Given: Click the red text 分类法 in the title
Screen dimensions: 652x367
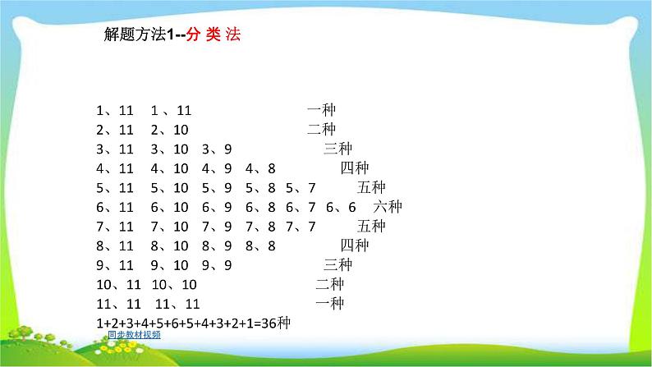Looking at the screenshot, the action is coord(214,34).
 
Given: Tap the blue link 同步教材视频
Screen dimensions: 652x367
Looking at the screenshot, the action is coord(135,335).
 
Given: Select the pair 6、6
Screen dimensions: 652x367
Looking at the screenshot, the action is coord(341,207).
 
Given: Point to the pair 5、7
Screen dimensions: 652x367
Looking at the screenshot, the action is coord(301,188).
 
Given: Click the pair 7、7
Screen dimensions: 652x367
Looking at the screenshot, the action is coord(301,227).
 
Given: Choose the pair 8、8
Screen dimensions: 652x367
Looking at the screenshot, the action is coord(260,245).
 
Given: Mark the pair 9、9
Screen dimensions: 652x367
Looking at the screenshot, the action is coord(217,265).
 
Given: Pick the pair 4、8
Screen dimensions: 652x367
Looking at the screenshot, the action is coord(260,168).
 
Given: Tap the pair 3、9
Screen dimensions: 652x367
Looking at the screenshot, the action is coord(217,149).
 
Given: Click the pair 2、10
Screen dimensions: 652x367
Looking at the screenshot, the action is coord(170,130).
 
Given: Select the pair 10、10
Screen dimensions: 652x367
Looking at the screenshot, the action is coord(174,285).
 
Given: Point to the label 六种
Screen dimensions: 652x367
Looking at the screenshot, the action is coord(388,207).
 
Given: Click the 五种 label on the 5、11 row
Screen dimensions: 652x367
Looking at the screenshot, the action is coord(371,187).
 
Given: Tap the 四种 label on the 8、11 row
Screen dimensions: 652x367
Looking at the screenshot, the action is coord(355,245).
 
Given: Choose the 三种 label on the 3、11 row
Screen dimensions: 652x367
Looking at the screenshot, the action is coord(338,149).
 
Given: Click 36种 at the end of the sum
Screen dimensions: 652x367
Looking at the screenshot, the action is coord(276,323).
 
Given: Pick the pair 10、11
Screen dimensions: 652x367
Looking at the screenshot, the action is coord(118,285).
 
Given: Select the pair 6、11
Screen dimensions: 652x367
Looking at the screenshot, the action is coord(115,207).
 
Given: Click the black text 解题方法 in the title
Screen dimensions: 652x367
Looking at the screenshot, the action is coord(135,34).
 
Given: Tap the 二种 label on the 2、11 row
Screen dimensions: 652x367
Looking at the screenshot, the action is coord(321,129).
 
